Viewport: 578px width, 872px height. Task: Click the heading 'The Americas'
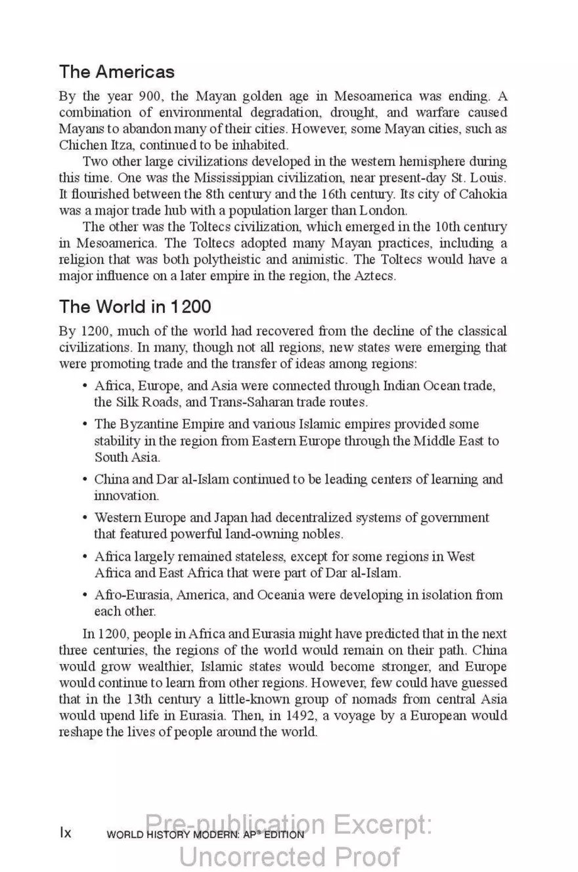[117, 71]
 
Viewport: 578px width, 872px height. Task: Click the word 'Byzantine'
[152, 424]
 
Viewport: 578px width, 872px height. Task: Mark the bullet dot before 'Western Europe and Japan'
[85, 518]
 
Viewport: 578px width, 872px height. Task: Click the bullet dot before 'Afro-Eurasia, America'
[85, 595]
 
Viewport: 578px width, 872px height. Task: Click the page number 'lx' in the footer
[66, 833]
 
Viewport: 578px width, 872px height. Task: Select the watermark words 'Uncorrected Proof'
[289, 856]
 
